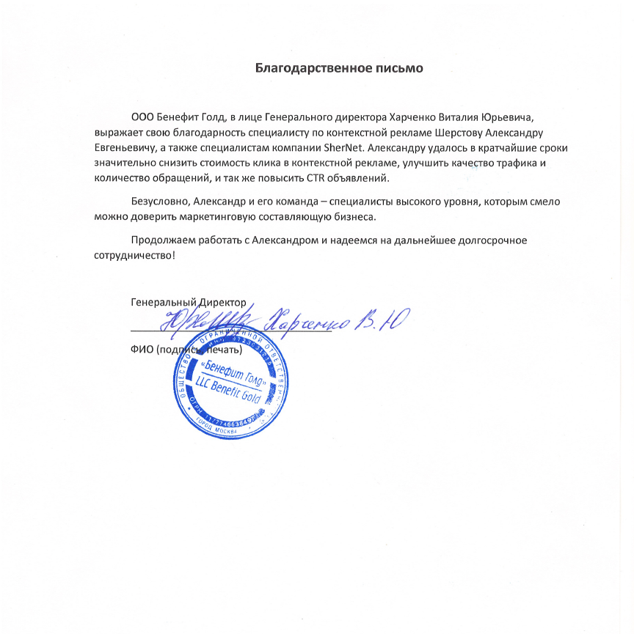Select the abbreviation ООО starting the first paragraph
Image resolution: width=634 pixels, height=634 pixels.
click(x=142, y=117)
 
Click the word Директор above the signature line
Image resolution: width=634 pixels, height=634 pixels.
click(x=222, y=301)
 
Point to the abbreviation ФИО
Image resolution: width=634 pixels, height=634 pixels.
click(x=142, y=349)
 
